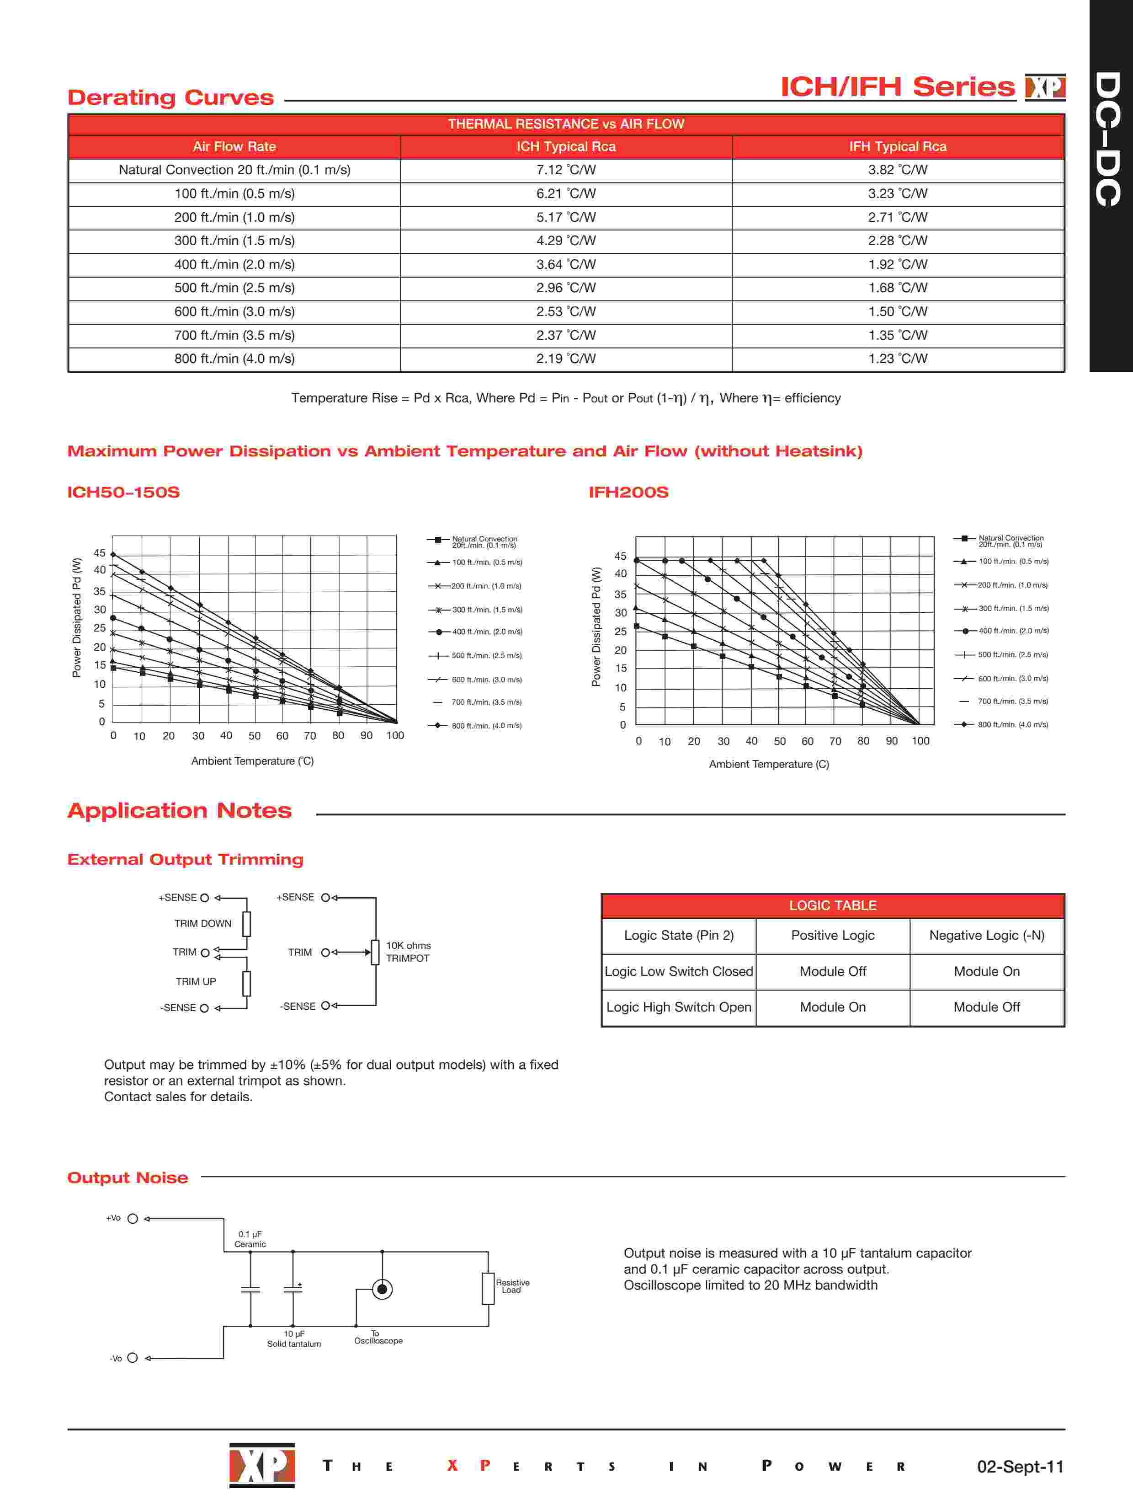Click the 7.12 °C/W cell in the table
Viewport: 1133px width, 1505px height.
(x=566, y=170)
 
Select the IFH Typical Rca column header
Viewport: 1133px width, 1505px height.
(x=898, y=147)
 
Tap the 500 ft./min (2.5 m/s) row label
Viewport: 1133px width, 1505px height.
(x=234, y=288)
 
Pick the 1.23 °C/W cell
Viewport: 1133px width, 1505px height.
(x=898, y=359)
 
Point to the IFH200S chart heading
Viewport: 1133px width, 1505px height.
(x=628, y=492)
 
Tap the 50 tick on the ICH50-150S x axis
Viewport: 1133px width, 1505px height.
(x=255, y=735)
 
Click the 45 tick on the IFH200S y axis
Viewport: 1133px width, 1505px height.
(x=620, y=556)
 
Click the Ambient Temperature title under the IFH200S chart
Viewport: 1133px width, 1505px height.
(x=768, y=764)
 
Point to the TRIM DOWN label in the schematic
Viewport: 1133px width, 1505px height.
(x=202, y=923)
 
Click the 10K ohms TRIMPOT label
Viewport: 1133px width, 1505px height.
(x=408, y=952)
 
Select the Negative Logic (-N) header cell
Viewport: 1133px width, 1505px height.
(x=987, y=936)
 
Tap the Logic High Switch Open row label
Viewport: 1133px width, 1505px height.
(x=679, y=1007)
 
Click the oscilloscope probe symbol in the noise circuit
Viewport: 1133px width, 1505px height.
(x=382, y=1289)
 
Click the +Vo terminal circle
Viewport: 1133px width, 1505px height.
(x=133, y=1219)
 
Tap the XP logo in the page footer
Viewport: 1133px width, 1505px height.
(x=262, y=1465)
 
